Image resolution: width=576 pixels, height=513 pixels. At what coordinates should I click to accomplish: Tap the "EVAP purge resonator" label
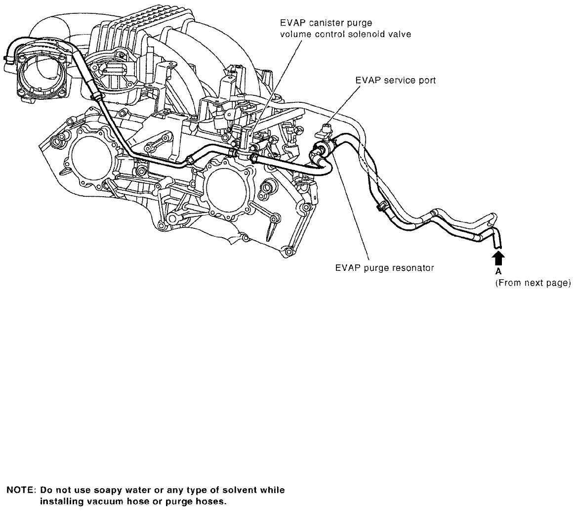[384, 268]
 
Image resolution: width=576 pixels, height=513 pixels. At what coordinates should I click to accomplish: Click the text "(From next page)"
[533, 283]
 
